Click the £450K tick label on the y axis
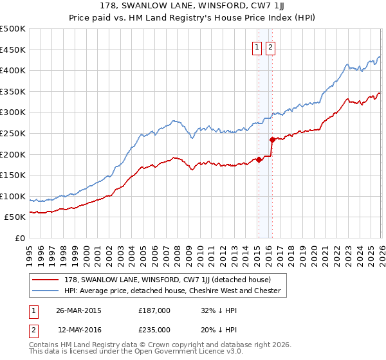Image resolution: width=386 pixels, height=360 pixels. point(13,50)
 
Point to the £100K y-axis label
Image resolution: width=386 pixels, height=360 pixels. point(13,196)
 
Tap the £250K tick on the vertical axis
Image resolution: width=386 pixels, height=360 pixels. point(13,133)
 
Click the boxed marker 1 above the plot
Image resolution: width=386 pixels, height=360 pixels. point(257,47)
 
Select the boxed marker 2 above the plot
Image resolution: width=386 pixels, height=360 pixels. point(270,47)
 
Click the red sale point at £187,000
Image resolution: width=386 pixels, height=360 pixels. point(259,159)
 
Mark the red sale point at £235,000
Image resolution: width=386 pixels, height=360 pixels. point(272,139)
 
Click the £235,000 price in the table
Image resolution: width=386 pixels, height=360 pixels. point(154,329)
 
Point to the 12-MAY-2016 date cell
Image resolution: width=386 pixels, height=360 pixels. point(80,329)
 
